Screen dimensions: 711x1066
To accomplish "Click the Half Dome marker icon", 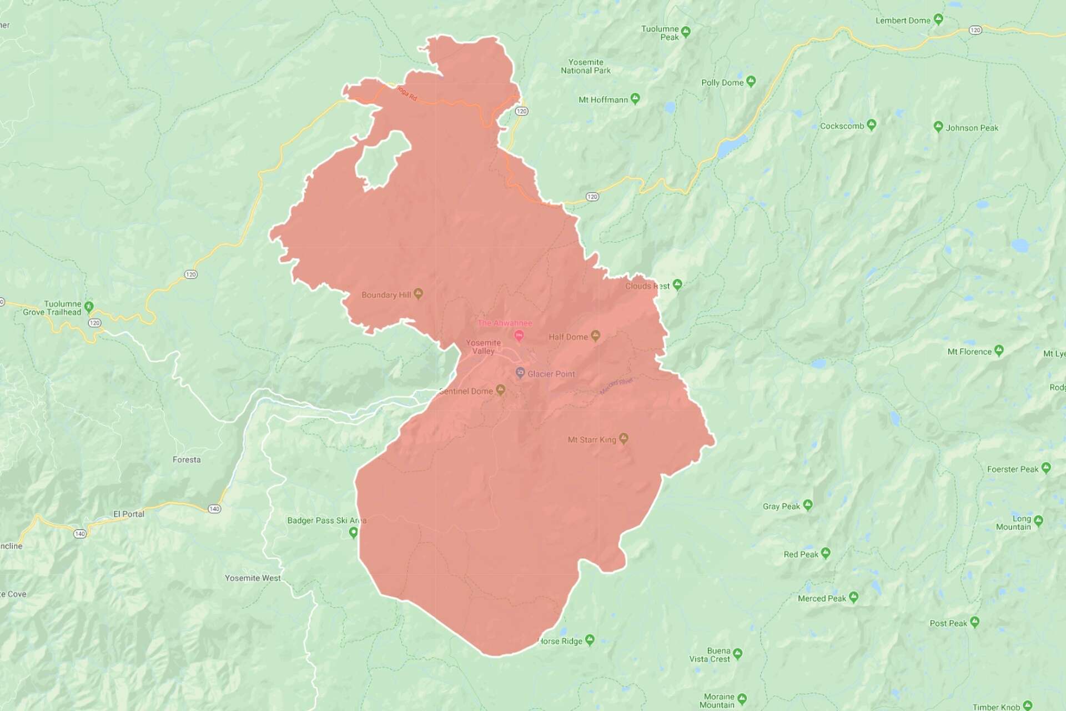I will (595, 336).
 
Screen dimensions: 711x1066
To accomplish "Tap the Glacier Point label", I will (551, 374).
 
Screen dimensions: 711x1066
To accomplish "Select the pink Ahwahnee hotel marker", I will (519, 336).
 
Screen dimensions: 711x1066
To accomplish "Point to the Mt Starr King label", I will (592, 439).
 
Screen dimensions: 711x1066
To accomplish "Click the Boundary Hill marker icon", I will (419, 293).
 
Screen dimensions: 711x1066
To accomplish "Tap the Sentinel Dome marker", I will (500, 390).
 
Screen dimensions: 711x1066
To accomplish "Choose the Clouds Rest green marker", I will (677, 284).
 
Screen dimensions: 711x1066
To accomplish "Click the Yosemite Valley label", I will (483, 347).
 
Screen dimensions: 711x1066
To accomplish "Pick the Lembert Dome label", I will (903, 21).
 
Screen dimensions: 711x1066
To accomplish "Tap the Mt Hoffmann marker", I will (635, 98).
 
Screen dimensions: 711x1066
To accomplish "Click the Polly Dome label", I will (722, 83).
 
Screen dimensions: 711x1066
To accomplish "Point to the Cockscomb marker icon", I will (871, 124).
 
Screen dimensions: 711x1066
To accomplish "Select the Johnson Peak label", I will (972, 128).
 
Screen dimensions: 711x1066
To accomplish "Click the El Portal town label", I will (129, 514).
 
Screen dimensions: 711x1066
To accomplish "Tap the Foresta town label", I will (187, 459).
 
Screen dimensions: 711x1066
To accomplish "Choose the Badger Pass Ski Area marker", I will (353, 532).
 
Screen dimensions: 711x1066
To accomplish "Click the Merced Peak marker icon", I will (853, 597).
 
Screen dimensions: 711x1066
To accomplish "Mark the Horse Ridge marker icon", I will (590, 640).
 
